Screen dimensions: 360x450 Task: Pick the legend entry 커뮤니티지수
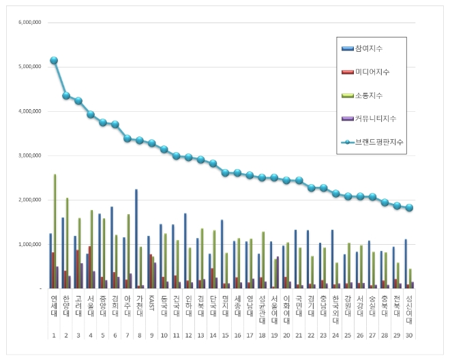coord(375,119)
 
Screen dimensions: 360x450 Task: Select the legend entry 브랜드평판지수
coord(377,142)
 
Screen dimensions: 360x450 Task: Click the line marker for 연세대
coord(54,61)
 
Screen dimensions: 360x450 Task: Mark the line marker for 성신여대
coord(409,208)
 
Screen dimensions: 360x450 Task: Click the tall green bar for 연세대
coord(55,231)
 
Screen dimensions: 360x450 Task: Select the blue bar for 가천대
coord(136,239)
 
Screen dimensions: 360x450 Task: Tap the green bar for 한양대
coord(67,243)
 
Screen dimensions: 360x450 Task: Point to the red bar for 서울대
coord(90,267)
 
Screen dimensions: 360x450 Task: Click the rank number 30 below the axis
coord(409,335)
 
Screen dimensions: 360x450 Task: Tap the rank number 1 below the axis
coord(53,335)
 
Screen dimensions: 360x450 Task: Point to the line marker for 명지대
coord(225,173)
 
